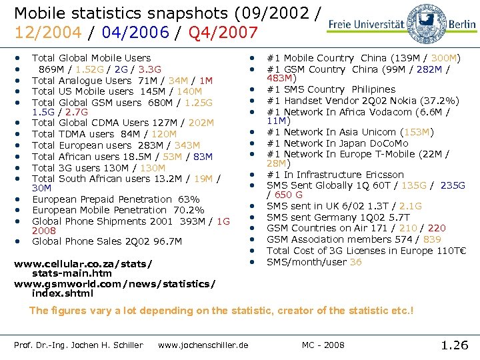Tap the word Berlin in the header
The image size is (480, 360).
point(462,24)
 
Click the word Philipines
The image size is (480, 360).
point(370,89)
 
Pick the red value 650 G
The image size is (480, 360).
point(289,195)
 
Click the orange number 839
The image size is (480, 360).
point(432,239)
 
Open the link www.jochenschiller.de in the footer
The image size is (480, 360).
point(203,345)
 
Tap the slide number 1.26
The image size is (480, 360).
point(455,345)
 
